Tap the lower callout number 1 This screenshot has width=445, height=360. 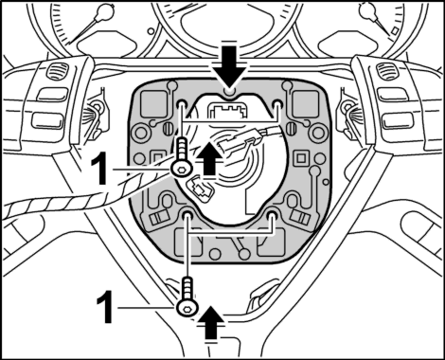pyautogui.click(x=105, y=307)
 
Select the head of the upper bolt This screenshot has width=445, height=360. pyautogui.click(x=180, y=170)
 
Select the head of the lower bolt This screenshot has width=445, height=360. pyautogui.click(x=187, y=306)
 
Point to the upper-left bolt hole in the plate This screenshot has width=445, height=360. pyautogui.click(x=182, y=104)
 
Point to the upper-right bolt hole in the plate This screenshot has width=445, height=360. pyautogui.click(x=277, y=104)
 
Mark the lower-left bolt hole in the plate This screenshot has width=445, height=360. pyautogui.click(x=188, y=215)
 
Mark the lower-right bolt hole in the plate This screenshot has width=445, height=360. pyautogui.click(x=271, y=215)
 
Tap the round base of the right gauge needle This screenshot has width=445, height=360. pyautogui.click(x=367, y=10)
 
